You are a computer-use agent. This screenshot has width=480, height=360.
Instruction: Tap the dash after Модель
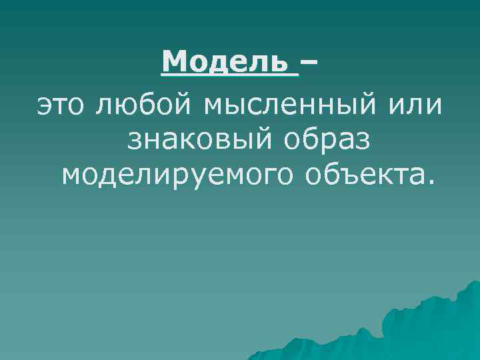(309, 64)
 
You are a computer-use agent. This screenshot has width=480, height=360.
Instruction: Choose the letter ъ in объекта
(344, 176)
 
